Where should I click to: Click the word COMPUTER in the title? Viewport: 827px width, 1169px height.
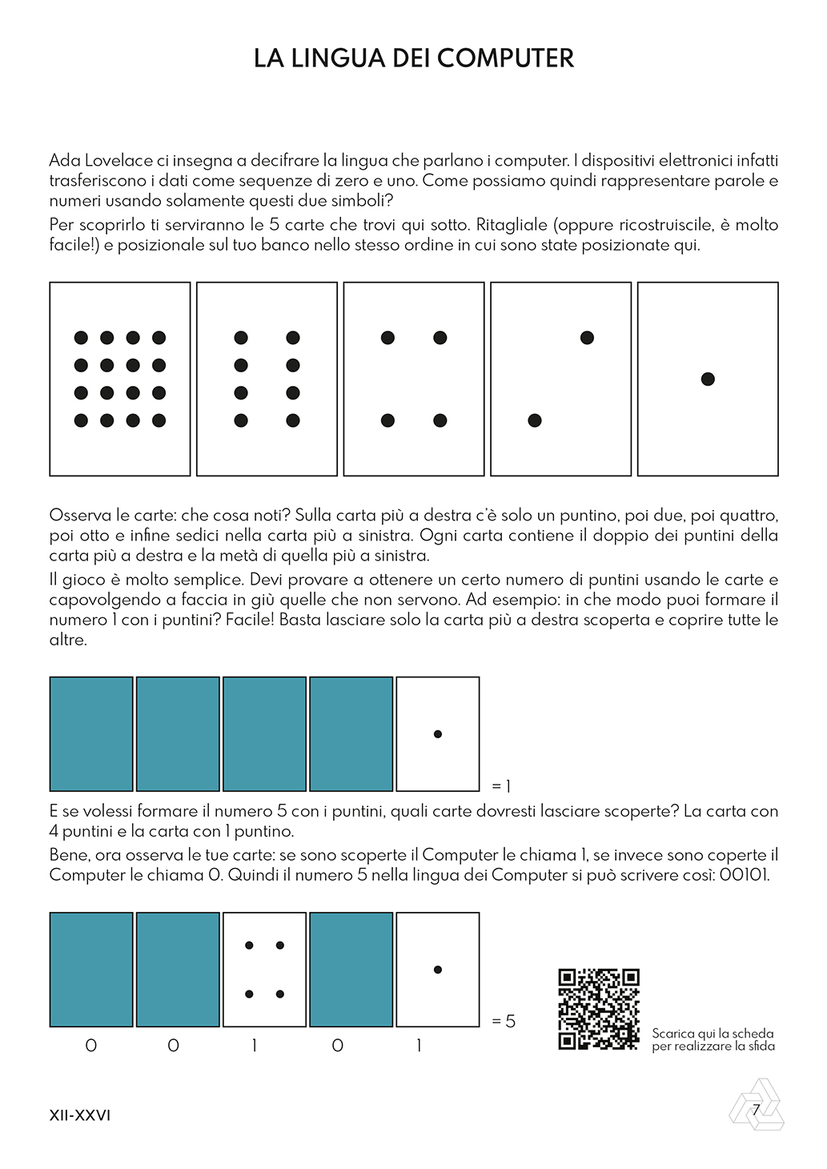pos(505,58)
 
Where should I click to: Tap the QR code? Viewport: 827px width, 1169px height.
pos(598,1009)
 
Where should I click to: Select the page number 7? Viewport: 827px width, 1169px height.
pos(756,1110)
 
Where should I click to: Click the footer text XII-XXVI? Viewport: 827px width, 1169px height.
pos(80,1115)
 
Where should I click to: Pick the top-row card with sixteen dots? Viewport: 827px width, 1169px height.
pos(120,379)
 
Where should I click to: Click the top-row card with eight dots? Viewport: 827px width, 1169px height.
pos(267,379)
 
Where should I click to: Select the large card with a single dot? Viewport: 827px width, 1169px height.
pos(708,379)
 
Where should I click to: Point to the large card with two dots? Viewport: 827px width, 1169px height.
pos(560,379)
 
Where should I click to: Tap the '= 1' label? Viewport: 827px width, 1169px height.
pos(501,786)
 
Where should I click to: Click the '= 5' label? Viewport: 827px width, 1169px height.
pos(504,1021)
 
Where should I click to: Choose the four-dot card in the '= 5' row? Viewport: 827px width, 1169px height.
pos(264,970)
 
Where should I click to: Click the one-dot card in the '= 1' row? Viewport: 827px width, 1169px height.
pos(438,733)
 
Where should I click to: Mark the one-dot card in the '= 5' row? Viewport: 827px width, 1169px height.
pos(438,970)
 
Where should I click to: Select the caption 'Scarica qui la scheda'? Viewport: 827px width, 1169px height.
pos(713,1034)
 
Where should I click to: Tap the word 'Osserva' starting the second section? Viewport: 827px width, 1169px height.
pos(80,515)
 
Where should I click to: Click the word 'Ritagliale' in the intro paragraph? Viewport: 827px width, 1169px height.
pos(512,225)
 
